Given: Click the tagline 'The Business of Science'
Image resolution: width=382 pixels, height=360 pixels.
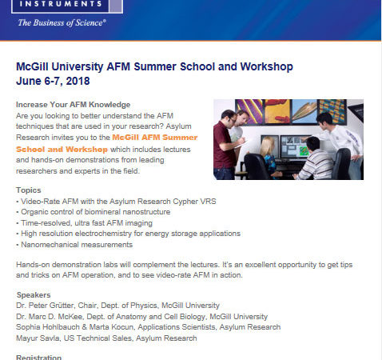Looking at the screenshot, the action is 62,22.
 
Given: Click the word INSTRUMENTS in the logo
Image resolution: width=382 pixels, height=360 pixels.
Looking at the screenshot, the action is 61,4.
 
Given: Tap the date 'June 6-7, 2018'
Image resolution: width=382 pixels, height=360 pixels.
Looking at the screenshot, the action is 53,81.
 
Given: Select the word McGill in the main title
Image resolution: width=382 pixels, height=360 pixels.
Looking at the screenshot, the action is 32,66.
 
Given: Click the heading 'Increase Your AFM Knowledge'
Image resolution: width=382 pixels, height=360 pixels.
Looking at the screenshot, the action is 73,105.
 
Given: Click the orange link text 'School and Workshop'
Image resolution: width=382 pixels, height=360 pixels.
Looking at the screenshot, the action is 62,149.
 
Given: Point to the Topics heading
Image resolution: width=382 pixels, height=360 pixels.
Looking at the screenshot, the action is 29,190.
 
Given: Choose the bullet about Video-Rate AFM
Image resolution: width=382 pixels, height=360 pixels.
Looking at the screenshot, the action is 116,202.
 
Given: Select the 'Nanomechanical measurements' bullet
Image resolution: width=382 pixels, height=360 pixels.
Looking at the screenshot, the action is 74,245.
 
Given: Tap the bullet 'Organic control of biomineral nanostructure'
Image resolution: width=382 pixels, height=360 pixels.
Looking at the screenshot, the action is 94,212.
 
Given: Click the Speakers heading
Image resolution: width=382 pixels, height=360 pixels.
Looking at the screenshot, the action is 34,295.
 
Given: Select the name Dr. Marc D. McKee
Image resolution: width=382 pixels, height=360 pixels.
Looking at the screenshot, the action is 49,317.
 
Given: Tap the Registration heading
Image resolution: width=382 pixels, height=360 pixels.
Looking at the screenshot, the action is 38,358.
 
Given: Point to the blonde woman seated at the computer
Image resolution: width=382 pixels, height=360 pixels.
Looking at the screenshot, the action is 269,158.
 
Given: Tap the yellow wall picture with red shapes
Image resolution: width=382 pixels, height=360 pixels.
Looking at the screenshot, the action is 277,111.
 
